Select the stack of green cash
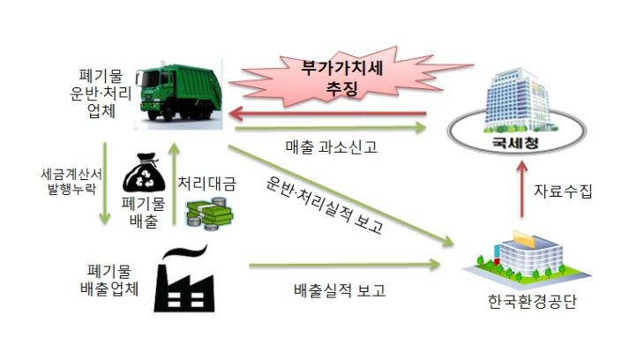coord(209,214)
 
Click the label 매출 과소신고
coord(332,147)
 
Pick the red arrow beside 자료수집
coord(522,189)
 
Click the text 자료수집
coord(563,191)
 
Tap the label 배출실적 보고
coord(340,290)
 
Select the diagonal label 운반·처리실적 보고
coord(325,205)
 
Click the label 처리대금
coord(207,184)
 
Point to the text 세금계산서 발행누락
coord(71,182)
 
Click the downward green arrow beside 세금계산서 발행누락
coord(105,183)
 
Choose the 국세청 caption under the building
coord(515,142)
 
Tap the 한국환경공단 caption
coord(532,302)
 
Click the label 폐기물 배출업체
coord(109,280)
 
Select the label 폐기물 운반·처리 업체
coord(101,94)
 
